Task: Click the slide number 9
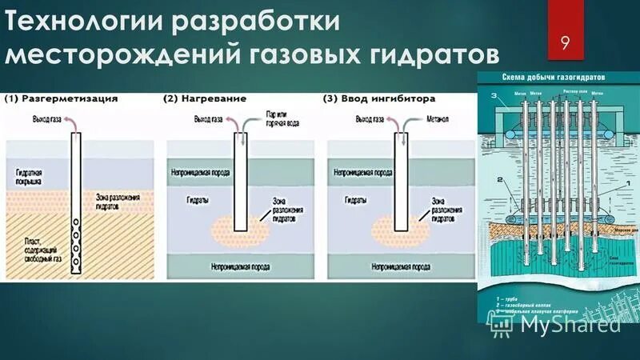pos(566,42)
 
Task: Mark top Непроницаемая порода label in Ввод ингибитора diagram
pos(363,172)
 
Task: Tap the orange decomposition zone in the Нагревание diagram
pos(240,228)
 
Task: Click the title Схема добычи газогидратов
pos(553,77)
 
